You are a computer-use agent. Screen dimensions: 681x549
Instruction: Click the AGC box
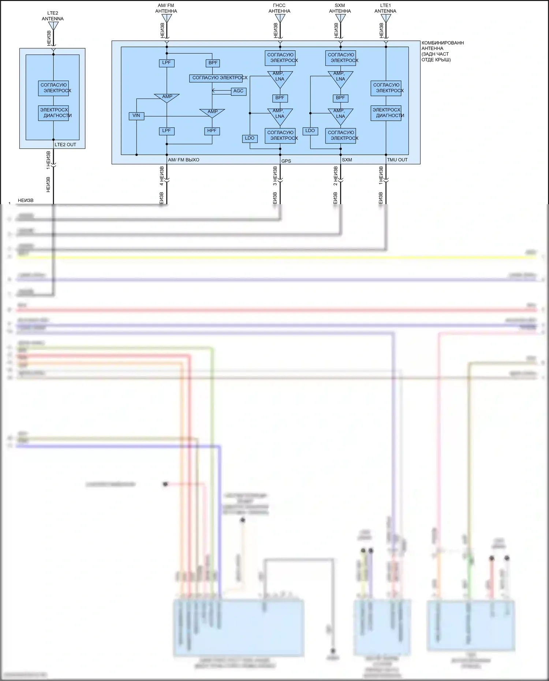pyautogui.click(x=238, y=91)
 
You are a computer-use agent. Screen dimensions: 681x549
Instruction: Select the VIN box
pyautogui.click(x=136, y=116)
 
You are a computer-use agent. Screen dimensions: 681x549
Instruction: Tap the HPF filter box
pyautogui.click(x=212, y=131)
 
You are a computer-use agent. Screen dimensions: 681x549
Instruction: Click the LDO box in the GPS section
pyautogui.click(x=250, y=138)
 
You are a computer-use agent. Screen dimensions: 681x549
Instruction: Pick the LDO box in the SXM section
pyautogui.click(x=310, y=131)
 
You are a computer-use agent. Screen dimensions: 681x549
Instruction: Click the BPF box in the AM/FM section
pyautogui.click(x=213, y=63)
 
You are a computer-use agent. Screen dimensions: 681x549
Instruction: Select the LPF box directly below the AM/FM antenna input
pyautogui.click(x=167, y=63)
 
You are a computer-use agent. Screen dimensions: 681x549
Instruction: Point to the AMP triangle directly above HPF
pyautogui.click(x=212, y=112)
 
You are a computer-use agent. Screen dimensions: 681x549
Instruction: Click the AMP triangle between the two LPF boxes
pyautogui.click(x=167, y=97)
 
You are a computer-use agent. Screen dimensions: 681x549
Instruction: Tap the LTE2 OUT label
pyautogui.click(x=66, y=145)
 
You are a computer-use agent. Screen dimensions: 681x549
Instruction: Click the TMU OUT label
pyautogui.click(x=397, y=160)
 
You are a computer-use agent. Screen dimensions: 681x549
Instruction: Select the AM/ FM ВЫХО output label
pyautogui.click(x=184, y=160)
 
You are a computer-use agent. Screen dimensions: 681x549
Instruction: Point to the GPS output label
pyautogui.click(x=286, y=161)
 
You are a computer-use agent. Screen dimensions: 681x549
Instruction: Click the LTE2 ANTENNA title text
pyautogui.click(x=53, y=16)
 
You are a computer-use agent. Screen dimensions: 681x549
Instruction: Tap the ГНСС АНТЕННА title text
pyautogui.click(x=279, y=8)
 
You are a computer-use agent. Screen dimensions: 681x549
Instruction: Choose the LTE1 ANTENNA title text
pyautogui.click(x=385, y=8)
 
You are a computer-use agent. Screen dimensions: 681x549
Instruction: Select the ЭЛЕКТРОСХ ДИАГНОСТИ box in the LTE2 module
pyautogui.click(x=54, y=113)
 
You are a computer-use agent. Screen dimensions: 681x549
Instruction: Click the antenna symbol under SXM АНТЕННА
pyautogui.click(x=340, y=18)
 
